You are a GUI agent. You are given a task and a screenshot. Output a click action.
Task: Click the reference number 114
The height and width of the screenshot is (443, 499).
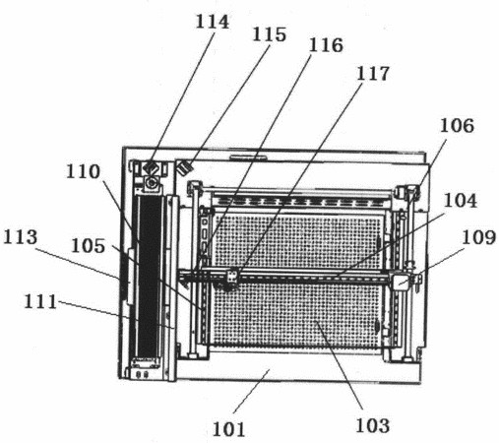(x=213, y=22)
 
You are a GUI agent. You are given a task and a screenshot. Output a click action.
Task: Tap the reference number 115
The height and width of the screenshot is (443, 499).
(x=269, y=34)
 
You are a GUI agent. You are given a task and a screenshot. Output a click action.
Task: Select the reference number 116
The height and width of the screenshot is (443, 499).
(x=326, y=45)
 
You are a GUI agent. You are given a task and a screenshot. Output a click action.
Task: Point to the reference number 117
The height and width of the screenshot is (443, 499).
(x=373, y=74)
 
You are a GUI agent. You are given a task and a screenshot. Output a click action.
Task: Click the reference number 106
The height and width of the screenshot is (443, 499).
(x=457, y=125)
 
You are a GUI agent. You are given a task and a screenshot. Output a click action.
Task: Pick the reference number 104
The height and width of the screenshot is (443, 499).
(x=461, y=201)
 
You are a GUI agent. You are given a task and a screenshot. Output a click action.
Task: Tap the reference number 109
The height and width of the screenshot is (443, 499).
(x=478, y=237)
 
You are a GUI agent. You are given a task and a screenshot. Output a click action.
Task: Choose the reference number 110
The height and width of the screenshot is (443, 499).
(x=83, y=171)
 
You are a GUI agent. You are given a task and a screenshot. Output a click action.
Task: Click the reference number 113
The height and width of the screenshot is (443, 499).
(x=21, y=237)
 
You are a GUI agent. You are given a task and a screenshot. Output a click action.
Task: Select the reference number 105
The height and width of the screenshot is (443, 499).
(x=89, y=246)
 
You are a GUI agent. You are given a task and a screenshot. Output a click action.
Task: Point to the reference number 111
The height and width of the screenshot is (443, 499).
(x=40, y=301)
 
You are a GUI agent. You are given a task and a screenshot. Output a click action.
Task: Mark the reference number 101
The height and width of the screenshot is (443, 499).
(x=229, y=429)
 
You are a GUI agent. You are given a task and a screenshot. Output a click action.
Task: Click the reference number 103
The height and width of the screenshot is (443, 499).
(x=373, y=425)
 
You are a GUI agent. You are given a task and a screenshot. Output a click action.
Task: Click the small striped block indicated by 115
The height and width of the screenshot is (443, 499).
(x=185, y=168)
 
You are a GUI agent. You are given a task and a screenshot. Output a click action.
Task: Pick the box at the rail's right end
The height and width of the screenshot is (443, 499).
(x=401, y=282)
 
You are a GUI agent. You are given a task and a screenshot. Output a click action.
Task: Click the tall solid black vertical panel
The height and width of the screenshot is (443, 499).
(x=150, y=276)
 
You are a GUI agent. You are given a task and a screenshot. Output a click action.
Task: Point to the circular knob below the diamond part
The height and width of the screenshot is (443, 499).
(x=152, y=181)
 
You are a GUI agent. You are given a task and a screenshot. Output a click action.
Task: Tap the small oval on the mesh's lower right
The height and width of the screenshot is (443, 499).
(x=377, y=326)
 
